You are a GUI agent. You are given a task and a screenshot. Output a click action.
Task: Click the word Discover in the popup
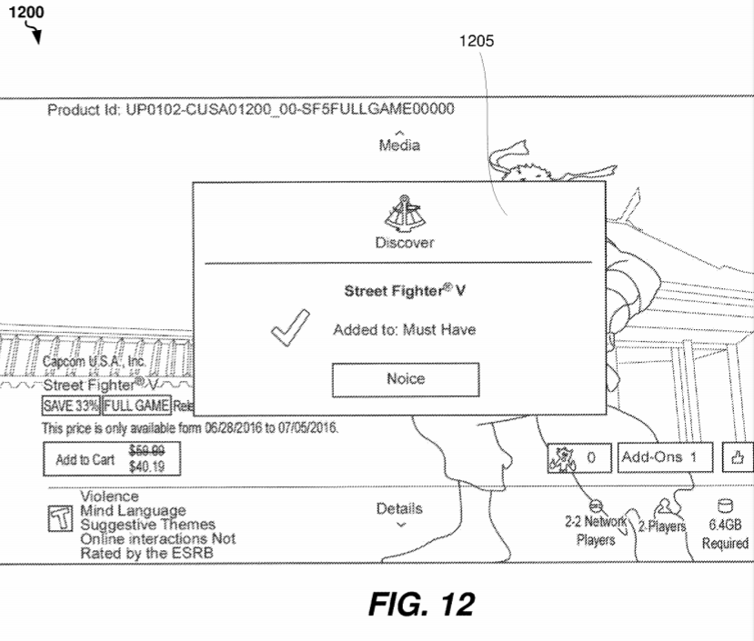[404, 243]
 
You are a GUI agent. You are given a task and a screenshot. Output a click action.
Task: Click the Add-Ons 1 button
[665, 457]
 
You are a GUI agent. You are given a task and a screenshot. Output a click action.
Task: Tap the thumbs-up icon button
[738, 457]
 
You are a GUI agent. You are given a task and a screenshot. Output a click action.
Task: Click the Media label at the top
[400, 145]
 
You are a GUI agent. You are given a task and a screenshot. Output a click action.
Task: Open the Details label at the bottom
[399, 509]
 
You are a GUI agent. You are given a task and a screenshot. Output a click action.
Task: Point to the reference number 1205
[478, 41]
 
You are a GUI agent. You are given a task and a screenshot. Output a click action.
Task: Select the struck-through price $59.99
[140, 450]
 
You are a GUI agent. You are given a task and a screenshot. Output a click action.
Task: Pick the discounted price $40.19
[140, 466]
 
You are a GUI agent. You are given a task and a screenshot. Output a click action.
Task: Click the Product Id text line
[250, 110]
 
